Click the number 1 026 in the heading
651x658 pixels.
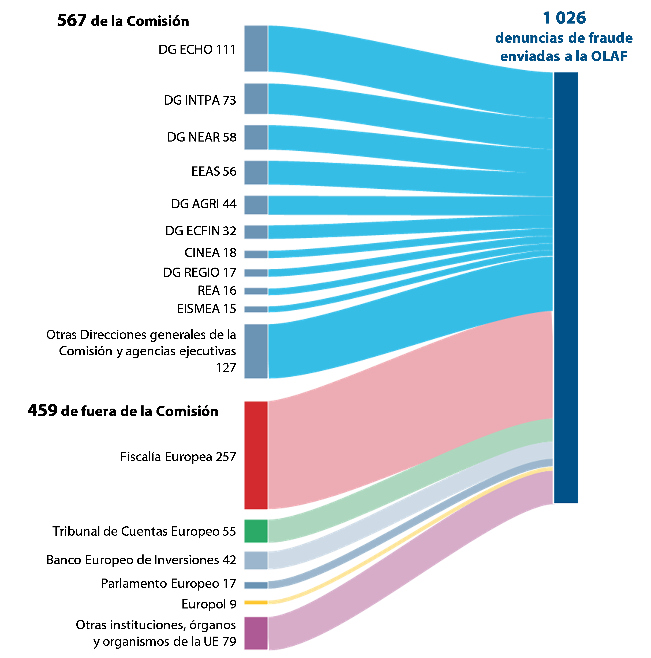coord(564,18)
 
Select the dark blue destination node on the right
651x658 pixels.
coord(566,287)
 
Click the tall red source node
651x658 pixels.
coord(256,455)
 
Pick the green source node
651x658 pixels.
coord(256,531)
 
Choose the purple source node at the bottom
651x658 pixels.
coord(256,633)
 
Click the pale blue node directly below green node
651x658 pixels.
coord(256,560)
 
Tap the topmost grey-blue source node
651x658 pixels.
coord(256,49)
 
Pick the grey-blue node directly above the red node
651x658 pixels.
coord(256,351)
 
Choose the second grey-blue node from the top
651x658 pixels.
coord(256,99)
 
